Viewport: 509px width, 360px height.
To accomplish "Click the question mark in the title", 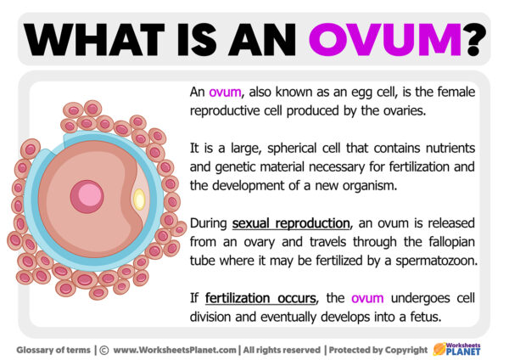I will pyautogui.click(x=478, y=37).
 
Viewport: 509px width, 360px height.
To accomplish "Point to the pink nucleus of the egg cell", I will pyautogui.click(x=87, y=196).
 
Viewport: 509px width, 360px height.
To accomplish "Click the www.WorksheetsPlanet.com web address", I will pyautogui.click(x=175, y=349).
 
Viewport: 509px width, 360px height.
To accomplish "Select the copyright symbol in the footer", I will pyautogui.click(x=104, y=349).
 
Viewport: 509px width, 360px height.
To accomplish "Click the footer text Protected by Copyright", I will pyautogui.click(x=378, y=349).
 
